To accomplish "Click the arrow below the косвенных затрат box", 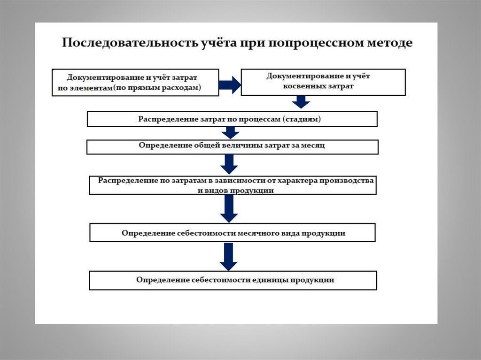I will (x=300, y=102).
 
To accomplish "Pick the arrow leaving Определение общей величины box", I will (x=230, y=164).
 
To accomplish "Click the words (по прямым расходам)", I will (x=158, y=87).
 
